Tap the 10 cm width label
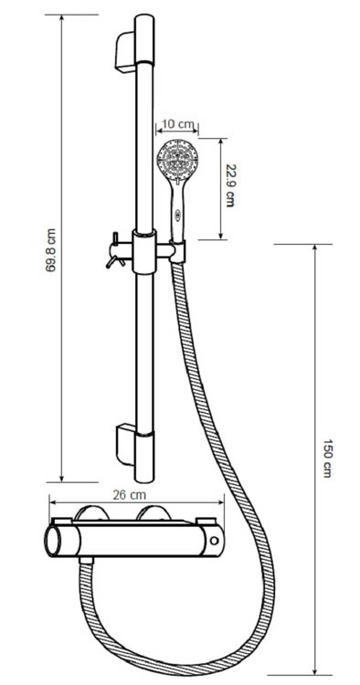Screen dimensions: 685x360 (x=176, y=124)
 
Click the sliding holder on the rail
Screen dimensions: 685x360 (x=147, y=250)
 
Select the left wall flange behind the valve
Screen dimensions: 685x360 (x=93, y=514)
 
